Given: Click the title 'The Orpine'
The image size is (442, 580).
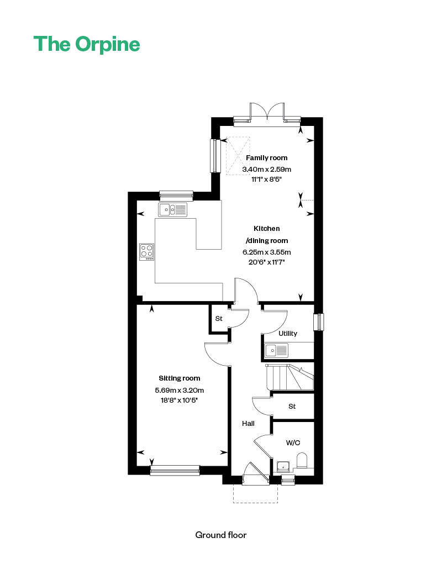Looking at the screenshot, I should pos(87,44).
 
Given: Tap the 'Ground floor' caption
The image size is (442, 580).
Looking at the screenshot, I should pos(220,535).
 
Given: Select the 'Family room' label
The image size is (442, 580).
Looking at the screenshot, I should pos(267,158).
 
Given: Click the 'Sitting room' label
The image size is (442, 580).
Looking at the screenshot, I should pos(180,378).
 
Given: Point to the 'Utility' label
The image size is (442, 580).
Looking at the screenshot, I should pos(288,334).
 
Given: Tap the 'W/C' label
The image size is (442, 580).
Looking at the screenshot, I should pos(293,443).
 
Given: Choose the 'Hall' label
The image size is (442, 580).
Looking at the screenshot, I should pos(248,424).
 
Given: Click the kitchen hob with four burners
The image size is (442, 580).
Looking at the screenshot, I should pos(147,252).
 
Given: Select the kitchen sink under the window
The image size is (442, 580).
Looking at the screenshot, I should pos(172,209).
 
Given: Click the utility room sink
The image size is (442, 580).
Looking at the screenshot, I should pos(276,350).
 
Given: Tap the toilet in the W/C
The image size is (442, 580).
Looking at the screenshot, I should pos(302,461).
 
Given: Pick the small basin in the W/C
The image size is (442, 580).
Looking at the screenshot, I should pos(283,466).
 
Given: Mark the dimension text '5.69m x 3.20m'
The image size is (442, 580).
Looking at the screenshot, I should pos(180,391).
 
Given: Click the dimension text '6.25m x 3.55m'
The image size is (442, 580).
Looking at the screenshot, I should pos(267,252).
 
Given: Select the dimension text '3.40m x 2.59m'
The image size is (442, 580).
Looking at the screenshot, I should pos(267,170).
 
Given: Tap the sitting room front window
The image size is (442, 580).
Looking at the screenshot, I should pos(175,470).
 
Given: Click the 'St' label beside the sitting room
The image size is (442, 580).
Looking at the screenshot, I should pos(219,319).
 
